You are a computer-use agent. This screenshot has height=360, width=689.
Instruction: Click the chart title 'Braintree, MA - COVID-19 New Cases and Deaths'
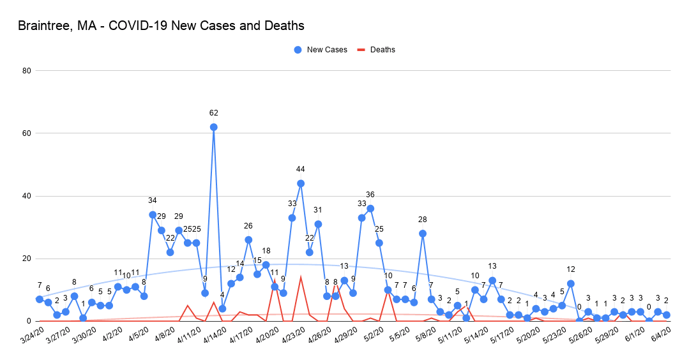click(161, 26)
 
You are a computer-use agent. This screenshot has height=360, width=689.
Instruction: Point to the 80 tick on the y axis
click(27, 71)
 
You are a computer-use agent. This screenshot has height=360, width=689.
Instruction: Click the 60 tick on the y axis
click(27, 133)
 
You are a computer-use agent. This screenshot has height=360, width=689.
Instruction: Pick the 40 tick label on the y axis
click(27, 196)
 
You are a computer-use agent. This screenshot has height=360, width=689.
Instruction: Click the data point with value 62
click(213, 127)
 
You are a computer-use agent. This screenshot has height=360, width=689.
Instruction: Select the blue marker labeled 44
click(301, 183)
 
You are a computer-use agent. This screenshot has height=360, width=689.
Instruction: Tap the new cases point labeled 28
click(423, 234)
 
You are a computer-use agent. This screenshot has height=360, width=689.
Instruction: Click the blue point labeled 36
click(370, 208)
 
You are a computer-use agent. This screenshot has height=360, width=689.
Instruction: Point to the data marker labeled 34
click(153, 214)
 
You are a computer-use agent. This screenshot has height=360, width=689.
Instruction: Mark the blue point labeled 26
click(248, 239)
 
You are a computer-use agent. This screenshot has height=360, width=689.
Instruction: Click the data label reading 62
click(213, 113)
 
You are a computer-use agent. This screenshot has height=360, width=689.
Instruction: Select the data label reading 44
click(301, 169)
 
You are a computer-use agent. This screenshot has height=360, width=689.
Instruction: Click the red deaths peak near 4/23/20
click(301, 277)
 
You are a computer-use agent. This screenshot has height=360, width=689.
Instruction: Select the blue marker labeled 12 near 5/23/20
click(571, 283)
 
